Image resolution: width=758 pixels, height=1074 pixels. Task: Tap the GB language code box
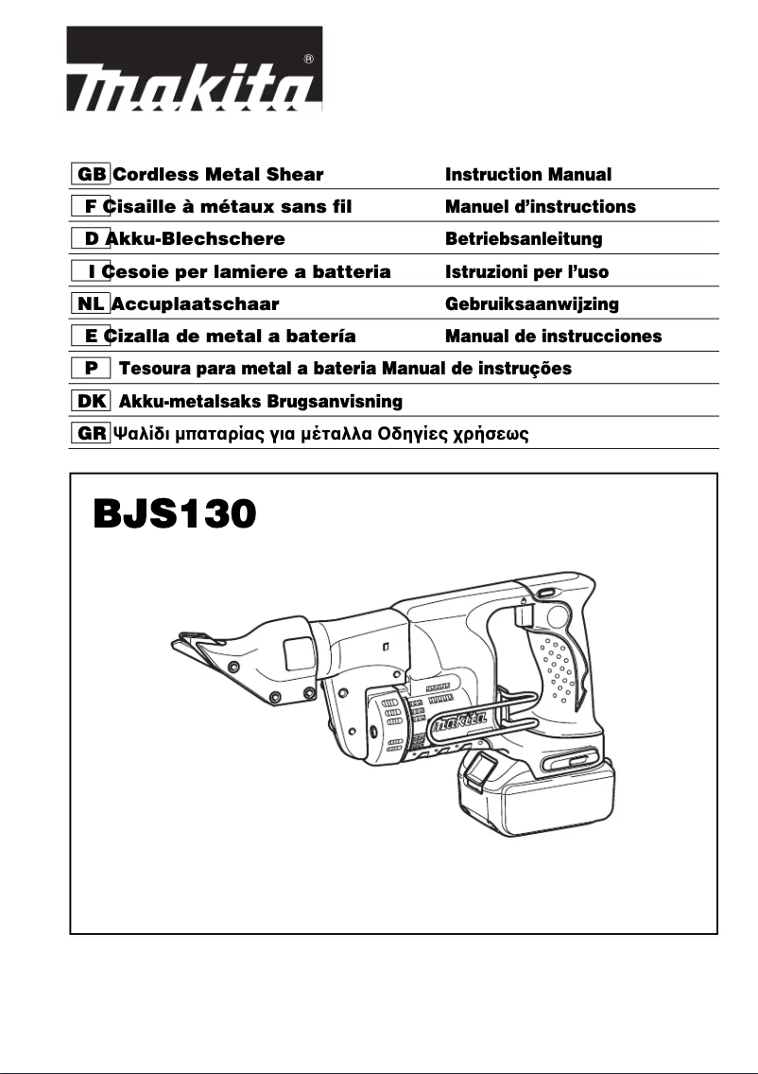point(92,175)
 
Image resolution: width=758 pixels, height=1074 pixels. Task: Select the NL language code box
point(91,303)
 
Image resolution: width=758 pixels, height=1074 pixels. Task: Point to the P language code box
point(91,368)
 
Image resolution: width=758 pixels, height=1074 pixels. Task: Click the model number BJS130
point(175,516)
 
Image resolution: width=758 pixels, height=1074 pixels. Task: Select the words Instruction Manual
point(528,175)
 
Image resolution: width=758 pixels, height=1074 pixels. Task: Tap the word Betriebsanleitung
point(524,239)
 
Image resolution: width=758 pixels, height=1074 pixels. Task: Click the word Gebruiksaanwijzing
point(532,303)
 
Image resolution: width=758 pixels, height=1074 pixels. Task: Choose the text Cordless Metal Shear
point(217,175)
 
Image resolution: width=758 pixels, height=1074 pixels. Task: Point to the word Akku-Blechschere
point(196,239)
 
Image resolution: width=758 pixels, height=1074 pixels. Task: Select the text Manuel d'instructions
point(541,207)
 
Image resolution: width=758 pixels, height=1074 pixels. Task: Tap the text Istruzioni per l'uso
point(527,271)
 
